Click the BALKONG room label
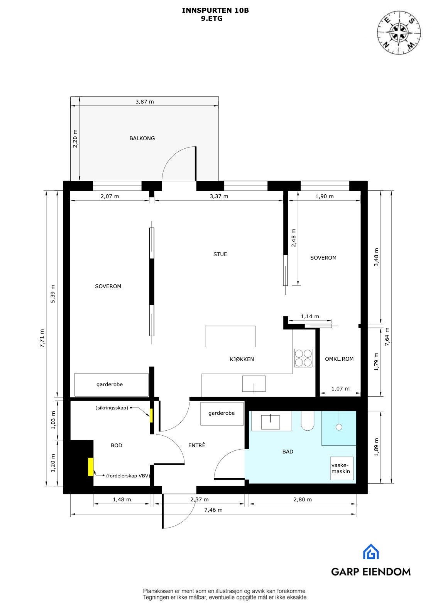click(142, 138)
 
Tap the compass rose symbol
click(399, 31)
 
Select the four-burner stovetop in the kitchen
click(303, 358)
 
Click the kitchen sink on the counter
click(254, 384)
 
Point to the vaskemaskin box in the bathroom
click(342, 469)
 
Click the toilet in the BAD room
click(308, 421)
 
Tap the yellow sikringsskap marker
click(151, 415)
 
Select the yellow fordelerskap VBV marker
click(91, 467)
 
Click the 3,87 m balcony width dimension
click(144, 102)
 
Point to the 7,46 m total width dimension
click(213, 510)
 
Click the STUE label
click(220, 254)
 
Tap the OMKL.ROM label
click(339, 359)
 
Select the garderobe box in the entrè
click(222, 413)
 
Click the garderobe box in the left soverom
click(111, 384)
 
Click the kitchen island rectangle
click(230, 336)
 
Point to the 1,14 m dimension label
click(310, 316)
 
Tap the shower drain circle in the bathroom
click(339, 427)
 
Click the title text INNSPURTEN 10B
click(215, 10)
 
